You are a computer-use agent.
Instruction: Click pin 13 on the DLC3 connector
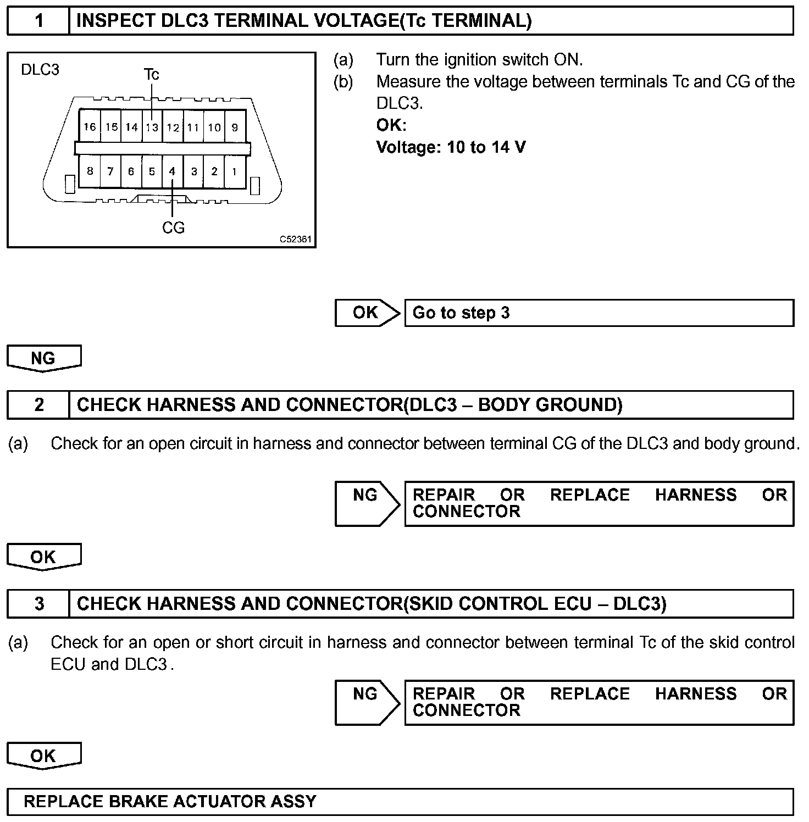click(x=152, y=127)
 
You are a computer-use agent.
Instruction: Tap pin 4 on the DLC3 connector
click(x=172, y=171)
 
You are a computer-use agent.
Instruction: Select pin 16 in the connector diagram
click(x=90, y=127)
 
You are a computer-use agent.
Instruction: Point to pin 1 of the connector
click(x=234, y=171)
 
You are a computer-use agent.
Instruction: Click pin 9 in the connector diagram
click(x=235, y=127)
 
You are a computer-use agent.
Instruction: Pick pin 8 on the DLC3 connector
click(x=90, y=171)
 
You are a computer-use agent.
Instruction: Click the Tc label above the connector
click(x=151, y=74)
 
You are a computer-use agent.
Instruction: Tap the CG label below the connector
click(x=173, y=227)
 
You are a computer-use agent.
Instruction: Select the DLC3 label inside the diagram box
click(x=40, y=70)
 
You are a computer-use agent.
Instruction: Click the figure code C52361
click(x=295, y=240)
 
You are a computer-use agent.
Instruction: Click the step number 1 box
click(x=38, y=21)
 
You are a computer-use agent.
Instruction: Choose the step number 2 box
click(x=38, y=405)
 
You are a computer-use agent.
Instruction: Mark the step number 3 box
click(x=38, y=604)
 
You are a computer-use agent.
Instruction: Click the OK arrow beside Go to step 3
click(x=367, y=313)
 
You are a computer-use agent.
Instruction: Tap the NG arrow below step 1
click(x=43, y=358)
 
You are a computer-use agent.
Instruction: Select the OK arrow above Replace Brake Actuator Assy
click(x=43, y=756)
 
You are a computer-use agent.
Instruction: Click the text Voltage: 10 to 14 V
click(x=451, y=147)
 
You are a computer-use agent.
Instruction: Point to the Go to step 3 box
click(x=599, y=313)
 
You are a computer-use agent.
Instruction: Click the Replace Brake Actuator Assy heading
click(x=170, y=802)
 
